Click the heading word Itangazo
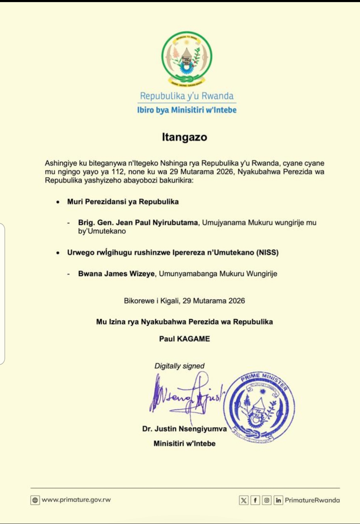[184, 137]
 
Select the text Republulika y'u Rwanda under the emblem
[187, 96]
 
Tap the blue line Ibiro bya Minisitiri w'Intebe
[187, 110]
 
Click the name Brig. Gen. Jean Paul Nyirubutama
[138, 223]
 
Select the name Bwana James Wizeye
[116, 274]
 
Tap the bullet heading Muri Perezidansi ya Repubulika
[123, 202]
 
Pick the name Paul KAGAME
[184, 339]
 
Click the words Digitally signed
[179, 366]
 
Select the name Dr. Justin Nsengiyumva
[184, 429]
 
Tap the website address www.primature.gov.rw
[76, 500]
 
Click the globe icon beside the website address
[35, 500]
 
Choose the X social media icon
[244, 500]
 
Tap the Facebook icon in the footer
[255, 500]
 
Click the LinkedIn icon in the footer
[278, 500]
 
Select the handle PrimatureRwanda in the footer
[312, 500]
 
